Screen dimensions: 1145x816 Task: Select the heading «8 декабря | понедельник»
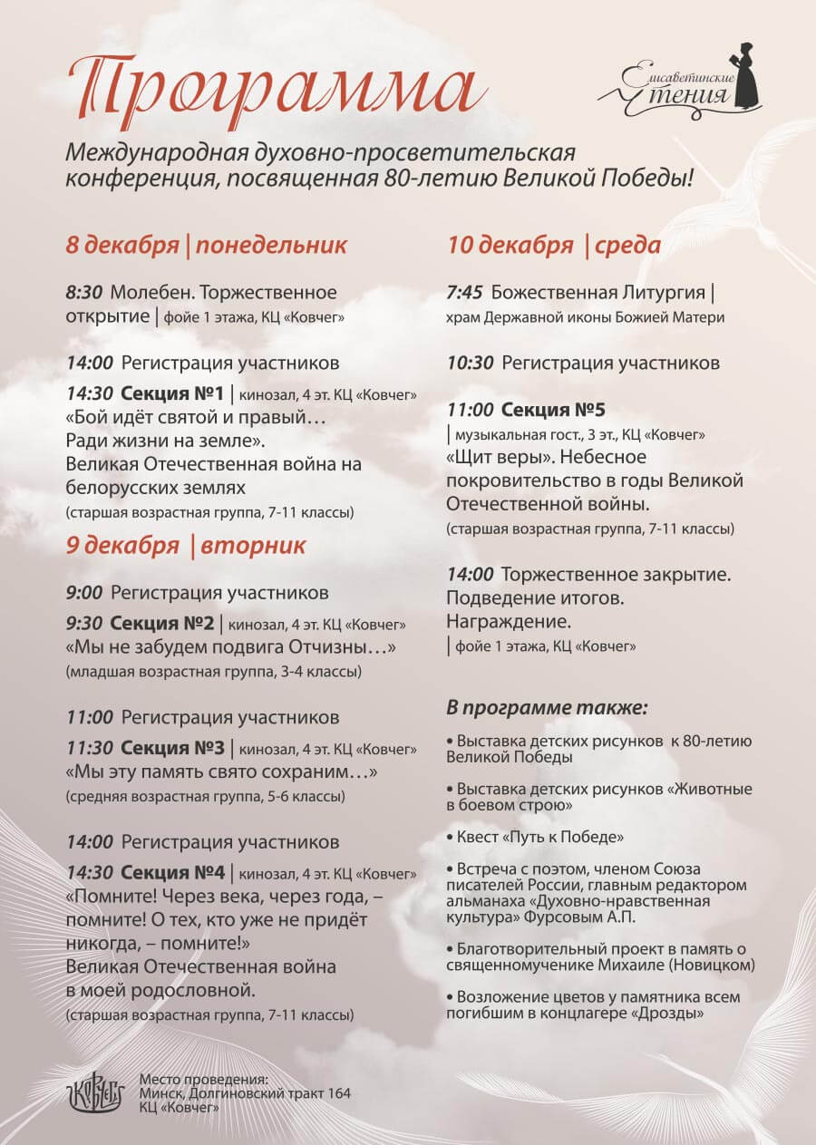click(x=206, y=245)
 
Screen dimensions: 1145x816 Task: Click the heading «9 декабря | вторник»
click(x=185, y=546)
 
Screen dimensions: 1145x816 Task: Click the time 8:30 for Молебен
click(x=84, y=293)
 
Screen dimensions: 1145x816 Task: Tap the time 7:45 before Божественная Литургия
click(x=465, y=293)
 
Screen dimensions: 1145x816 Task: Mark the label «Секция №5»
click(x=553, y=409)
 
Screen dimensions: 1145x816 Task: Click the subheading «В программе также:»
click(x=548, y=706)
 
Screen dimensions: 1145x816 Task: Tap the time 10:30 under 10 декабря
click(x=470, y=363)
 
